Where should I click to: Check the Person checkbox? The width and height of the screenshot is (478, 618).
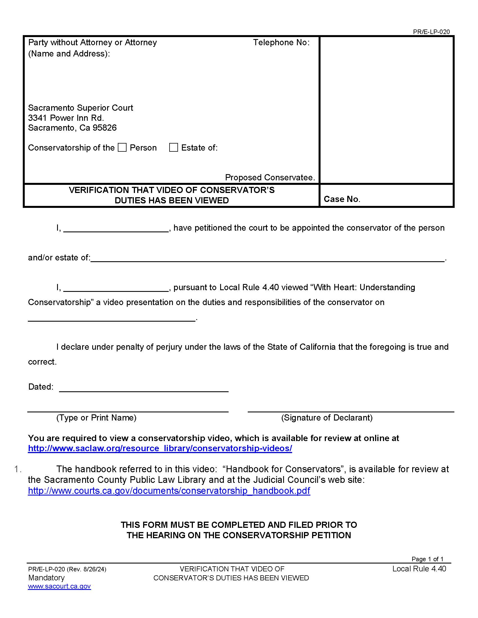coord(122,147)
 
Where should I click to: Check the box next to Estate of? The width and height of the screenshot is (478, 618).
coord(173,147)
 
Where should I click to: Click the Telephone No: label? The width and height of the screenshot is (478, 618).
coord(281,42)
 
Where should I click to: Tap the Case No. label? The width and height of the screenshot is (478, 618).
coord(342,199)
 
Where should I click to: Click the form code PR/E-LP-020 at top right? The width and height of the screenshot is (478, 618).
coord(431,32)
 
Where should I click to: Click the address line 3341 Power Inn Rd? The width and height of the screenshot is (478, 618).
coord(66,118)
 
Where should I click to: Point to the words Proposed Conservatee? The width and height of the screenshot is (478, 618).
coord(270,178)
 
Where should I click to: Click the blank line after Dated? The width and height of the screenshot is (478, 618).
coord(144,388)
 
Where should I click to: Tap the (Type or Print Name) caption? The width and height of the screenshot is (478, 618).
coord(96,418)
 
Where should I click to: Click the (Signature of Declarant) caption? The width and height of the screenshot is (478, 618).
coord(326,418)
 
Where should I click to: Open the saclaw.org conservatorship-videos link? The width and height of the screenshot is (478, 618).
coord(160,449)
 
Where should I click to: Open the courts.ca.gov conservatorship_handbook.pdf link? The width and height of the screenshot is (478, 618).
coord(169,491)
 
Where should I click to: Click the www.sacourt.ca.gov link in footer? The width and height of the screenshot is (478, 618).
coord(59,586)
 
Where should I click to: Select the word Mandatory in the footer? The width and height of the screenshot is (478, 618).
coord(46,578)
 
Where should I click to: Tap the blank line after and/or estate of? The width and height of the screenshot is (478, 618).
coord(267,259)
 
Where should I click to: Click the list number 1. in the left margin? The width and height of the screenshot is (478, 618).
coord(17,469)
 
